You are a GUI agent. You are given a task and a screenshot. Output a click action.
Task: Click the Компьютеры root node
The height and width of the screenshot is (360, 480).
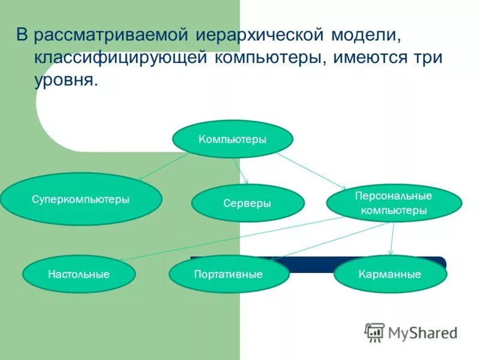click(233, 139)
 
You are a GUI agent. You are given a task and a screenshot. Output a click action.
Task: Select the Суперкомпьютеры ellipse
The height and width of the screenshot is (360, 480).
click(81, 199)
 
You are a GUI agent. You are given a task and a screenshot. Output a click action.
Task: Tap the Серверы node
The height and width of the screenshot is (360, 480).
click(248, 203)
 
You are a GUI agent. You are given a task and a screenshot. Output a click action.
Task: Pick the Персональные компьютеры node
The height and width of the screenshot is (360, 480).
click(394, 203)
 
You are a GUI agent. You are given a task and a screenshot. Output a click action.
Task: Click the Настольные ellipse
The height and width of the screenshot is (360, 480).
click(79, 274)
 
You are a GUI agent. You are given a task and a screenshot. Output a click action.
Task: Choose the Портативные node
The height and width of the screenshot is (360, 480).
click(229, 274)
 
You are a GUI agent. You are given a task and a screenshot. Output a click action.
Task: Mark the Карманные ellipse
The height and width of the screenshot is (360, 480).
click(390, 274)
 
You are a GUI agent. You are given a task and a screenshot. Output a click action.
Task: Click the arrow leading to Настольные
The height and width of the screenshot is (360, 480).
click(234, 238)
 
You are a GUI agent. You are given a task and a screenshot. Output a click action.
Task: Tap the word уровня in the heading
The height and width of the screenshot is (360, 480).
click(65, 80)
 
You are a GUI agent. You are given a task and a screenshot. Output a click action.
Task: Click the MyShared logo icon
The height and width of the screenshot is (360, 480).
click(374, 332)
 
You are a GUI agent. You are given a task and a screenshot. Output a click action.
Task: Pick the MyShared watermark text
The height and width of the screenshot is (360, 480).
click(422, 332)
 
